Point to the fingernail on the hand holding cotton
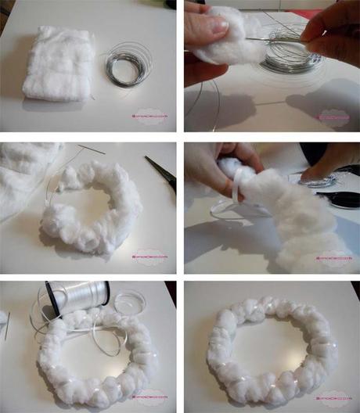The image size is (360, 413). click(221, 25)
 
